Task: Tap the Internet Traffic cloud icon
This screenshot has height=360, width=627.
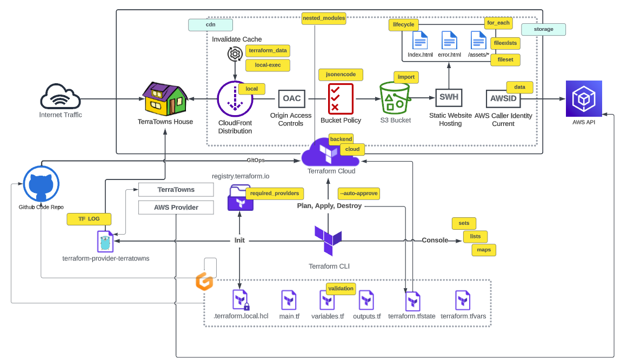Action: coord(61,97)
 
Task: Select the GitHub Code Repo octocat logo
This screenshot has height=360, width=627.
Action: coord(41,184)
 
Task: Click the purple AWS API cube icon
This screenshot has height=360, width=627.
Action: coord(583,98)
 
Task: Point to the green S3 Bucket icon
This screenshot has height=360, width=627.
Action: coord(395,98)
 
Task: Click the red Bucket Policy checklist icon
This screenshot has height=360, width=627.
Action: coord(341,98)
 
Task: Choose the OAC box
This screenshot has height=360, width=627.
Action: coord(292,98)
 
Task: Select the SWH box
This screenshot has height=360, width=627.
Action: coord(449,98)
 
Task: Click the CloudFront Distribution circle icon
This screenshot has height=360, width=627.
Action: coord(235,99)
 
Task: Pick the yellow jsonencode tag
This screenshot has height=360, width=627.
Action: coord(341,75)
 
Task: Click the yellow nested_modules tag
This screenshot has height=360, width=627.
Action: coord(324,18)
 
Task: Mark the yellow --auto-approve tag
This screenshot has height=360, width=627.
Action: coord(358,193)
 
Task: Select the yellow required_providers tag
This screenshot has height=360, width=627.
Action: coord(275,193)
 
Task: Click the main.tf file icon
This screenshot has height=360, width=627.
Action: coord(289,300)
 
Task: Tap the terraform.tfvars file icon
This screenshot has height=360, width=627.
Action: coord(463,300)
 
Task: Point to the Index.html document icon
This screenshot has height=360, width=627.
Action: coord(420,41)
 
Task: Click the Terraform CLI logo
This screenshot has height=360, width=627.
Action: coord(328,241)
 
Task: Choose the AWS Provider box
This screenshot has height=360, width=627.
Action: coord(176,207)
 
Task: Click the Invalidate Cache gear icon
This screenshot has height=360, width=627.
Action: coord(235,54)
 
